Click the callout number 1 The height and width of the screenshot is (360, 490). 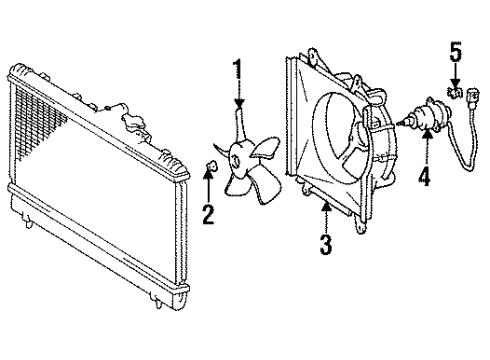[238, 70]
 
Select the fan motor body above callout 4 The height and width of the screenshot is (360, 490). [425, 116]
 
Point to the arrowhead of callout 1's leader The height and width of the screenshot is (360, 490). [238, 107]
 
